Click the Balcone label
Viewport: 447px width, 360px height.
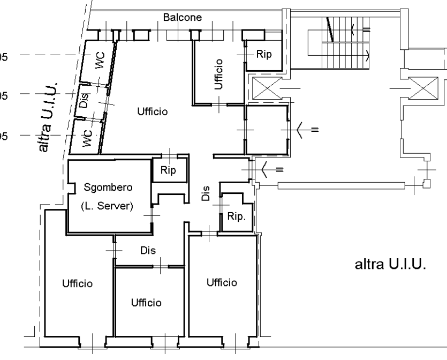coord(183,17)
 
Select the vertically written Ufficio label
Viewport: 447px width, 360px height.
coord(219,74)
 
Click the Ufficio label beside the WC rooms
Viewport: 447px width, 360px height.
coord(152,112)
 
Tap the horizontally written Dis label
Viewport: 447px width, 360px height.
coord(147,250)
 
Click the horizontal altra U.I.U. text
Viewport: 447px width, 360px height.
coord(390,265)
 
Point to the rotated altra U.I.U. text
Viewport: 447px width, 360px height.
coord(52,118)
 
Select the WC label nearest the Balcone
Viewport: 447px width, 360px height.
coord(100,61)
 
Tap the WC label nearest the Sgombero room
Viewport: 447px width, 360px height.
coord(88,138)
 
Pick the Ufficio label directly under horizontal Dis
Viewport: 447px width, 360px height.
coord(146,303)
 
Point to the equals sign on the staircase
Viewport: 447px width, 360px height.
coord(366,29)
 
